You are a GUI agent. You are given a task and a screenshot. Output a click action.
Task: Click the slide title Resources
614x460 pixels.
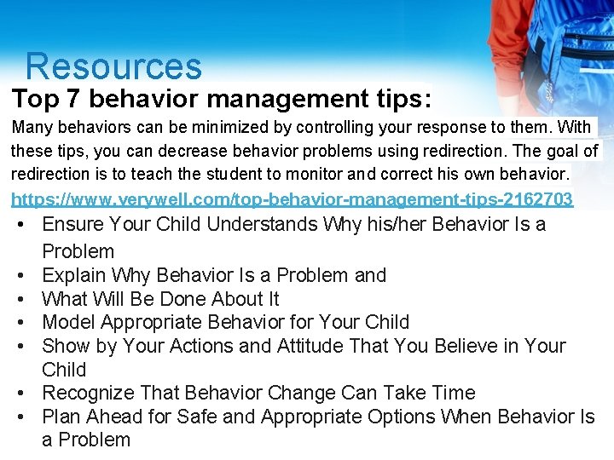point(113,66)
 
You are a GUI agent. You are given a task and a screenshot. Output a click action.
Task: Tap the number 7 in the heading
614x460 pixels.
point(72,100)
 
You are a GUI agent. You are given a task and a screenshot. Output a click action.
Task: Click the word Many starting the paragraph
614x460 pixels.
point(31,128)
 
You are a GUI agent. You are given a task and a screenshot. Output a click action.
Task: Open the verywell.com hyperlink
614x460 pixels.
point(292,199)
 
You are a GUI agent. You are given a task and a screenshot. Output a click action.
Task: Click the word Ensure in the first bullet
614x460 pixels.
point(71,225)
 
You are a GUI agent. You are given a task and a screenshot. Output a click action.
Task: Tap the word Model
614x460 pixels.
point(68,322)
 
